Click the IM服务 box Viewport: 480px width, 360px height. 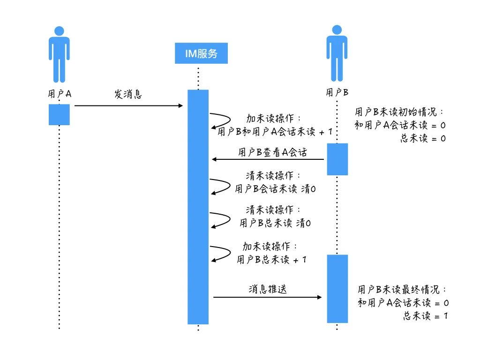tap(201, 53)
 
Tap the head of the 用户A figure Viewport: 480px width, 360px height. tap(59, 31)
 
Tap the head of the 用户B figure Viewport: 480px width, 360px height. tap(337, 30)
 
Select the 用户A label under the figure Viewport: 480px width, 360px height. tap(60, 94)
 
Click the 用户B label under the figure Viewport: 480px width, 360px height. tap(337, 92)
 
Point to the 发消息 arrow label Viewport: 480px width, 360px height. tap(128, 94)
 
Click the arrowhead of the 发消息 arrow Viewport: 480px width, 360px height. tap(180, 105)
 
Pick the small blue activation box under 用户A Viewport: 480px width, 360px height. tap(59, 114)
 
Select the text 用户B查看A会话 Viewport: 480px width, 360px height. tap(272, 152)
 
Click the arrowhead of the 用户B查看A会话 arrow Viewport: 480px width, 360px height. tap(214, 159)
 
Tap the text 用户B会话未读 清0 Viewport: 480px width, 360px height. tap(275, 188)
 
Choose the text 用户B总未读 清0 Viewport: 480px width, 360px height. tap(275, 223)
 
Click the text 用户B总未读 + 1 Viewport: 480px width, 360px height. tap(271, 260)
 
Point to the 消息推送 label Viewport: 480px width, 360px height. tap(268, 289)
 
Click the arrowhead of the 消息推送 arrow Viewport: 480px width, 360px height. tap(319, 297)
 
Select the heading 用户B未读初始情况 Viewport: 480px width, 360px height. tap(398, 112)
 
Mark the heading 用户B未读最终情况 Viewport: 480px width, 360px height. tap(402, 289)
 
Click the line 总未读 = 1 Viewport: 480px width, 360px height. tap(426, 315)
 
